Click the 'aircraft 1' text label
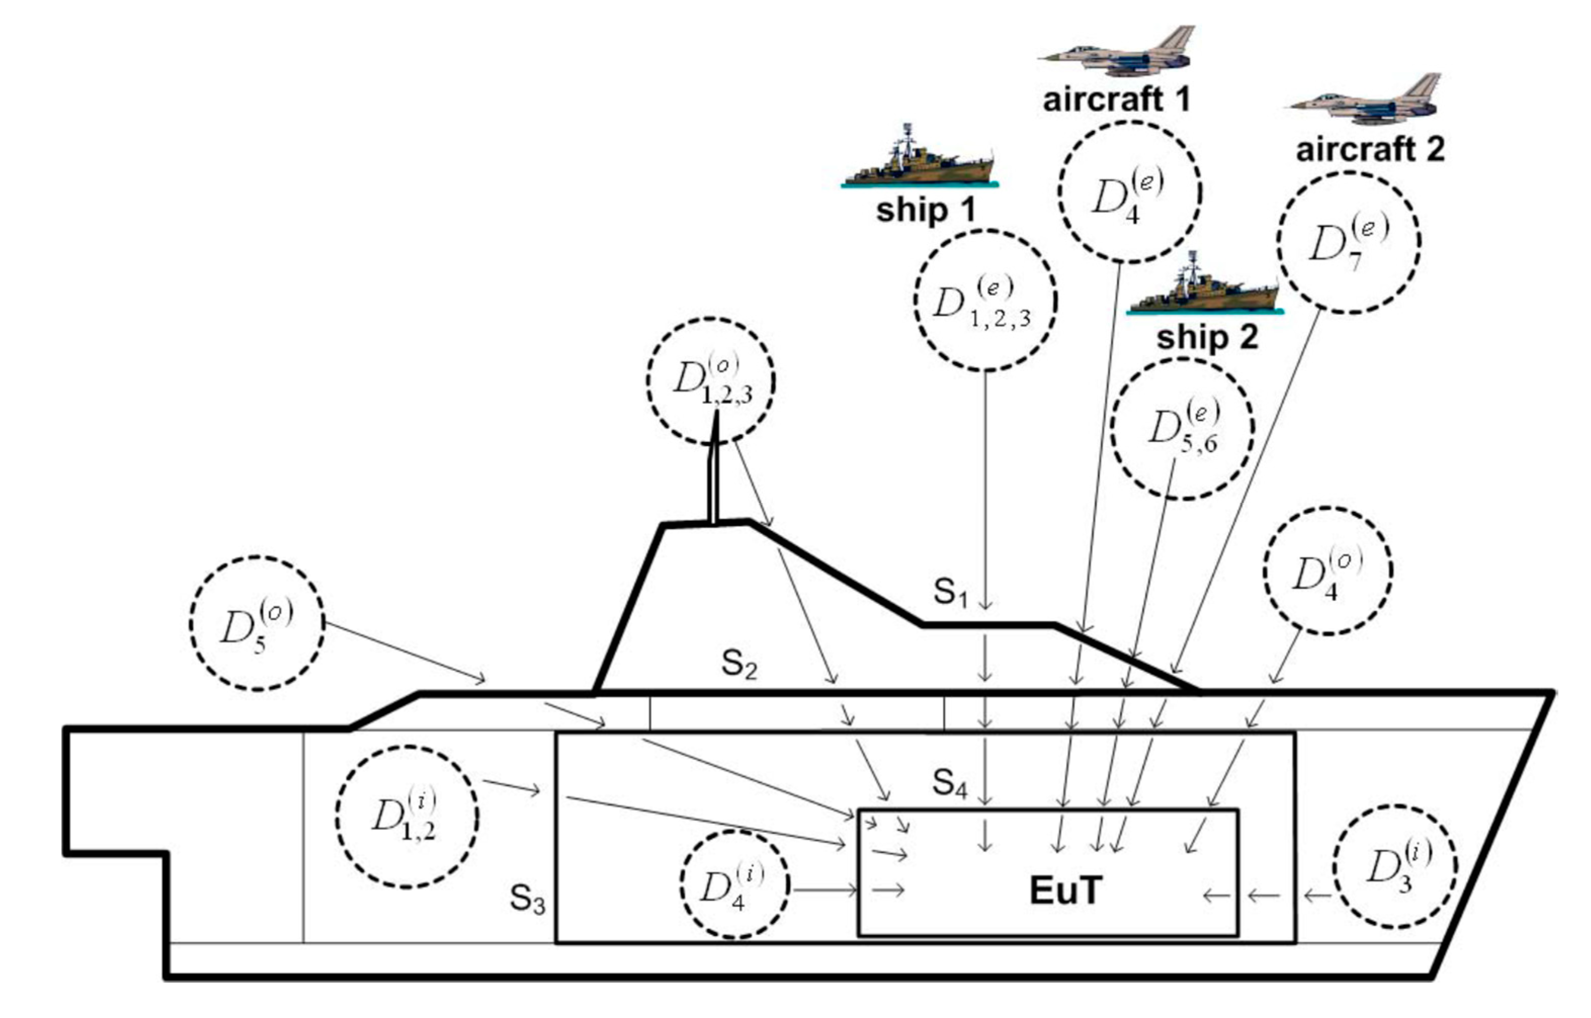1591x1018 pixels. click(x=1116, y=100)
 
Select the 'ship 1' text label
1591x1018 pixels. click(x=926, y=210)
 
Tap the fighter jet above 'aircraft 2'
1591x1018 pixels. click(x=1369, y=101)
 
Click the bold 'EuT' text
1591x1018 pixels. click(x=1065, y=891)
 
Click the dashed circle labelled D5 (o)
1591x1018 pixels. click(x=257, y=624)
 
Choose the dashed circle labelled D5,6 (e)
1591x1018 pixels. click(x=1182, y=428)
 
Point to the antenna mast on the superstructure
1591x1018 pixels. click(x=714, y=469)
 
